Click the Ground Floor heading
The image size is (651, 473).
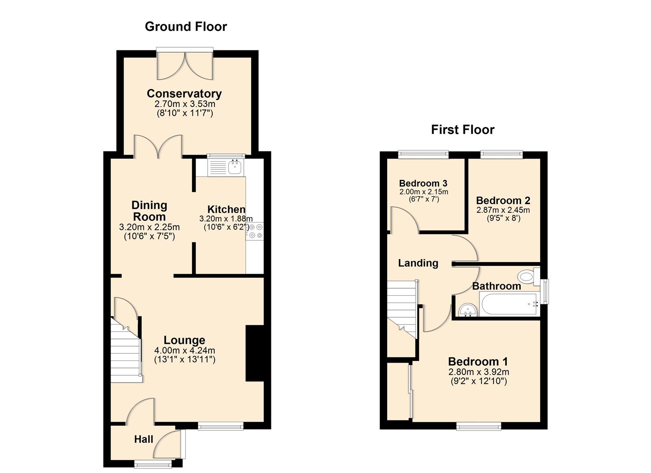pyautogui.click(x=186, y=27)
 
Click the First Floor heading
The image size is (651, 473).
pyautogui.click(x=462, y=130)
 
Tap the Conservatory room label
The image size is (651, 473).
pyautogui.click(x=184, y=94)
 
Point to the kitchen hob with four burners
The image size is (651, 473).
pyautogui.click(x=255, y=231)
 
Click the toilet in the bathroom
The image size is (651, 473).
pyautogui.click(x=528, y=277)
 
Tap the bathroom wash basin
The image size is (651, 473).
pyautogui.click(x=467, y=311)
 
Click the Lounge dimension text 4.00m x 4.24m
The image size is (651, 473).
pyautogui.click(x=185, y=350)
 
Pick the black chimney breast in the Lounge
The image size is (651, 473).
pyautogui.click(x=255, y=353)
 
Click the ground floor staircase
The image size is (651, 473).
pyautogui.click(x=126, y=350)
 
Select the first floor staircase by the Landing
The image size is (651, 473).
pyautogui.click(x=401, y=309)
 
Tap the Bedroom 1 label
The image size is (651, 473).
pyautogui.click(x=478, y=362)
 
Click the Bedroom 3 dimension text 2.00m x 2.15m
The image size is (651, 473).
pyautogui.click(x=423, y=192)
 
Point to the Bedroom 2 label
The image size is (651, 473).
pyautogui.click(x=503, y=201)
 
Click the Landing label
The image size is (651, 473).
pyautogui.click(x=418, y=263)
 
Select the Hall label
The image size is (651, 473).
pyautogui.click(x=144, y=439)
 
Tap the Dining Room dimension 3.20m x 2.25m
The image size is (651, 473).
pyautogui.click(x=149, y=227)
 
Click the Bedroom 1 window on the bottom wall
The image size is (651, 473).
pyautogui.click(x=478, y=426)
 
